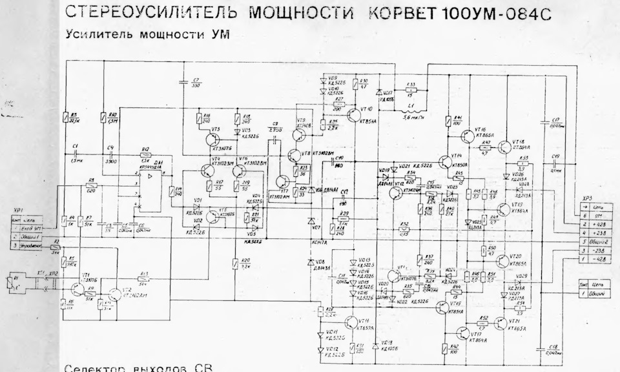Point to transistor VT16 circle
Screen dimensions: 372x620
click(x=470, y=134)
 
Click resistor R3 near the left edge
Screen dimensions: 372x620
click(x=65, y=117)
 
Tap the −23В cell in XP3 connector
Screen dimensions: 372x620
click(x=599, y=250)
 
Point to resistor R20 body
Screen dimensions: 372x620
click(x=235, y=263)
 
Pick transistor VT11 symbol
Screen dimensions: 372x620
click(x=351, y=324)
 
